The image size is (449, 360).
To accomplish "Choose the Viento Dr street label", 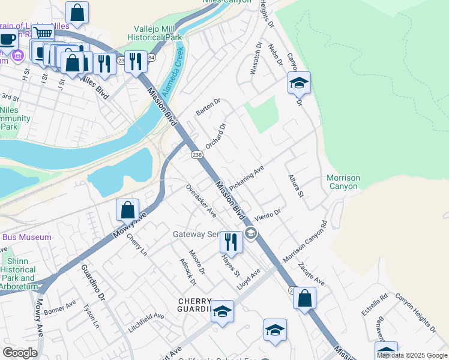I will point(267,215).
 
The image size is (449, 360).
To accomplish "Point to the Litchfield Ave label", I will point(146,316).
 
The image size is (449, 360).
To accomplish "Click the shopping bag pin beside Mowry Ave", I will point(127,210).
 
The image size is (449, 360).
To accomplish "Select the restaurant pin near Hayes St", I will point(231,242).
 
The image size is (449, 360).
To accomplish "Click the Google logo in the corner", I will point(20,352).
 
